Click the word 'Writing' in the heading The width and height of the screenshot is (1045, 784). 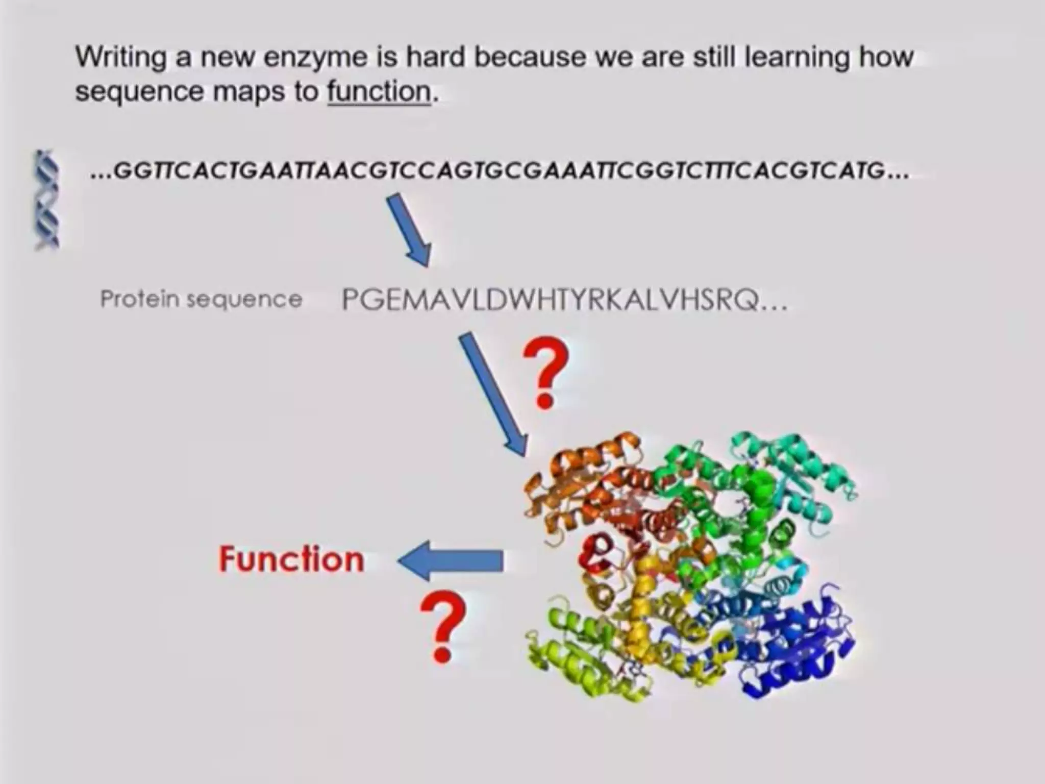click(121, 57)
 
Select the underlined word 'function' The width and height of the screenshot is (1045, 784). click(380, 92)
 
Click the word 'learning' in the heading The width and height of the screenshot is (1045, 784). click(797, 57)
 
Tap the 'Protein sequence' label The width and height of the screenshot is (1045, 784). click(201, 299)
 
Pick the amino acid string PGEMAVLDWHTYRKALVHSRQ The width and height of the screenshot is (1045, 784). click(564, 300)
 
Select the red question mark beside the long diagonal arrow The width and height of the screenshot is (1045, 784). click(545, 373)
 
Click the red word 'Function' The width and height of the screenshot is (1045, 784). click(291, 559)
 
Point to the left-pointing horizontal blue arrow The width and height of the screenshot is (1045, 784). click(451, 560)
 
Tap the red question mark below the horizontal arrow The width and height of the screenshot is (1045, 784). click(442, 626)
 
